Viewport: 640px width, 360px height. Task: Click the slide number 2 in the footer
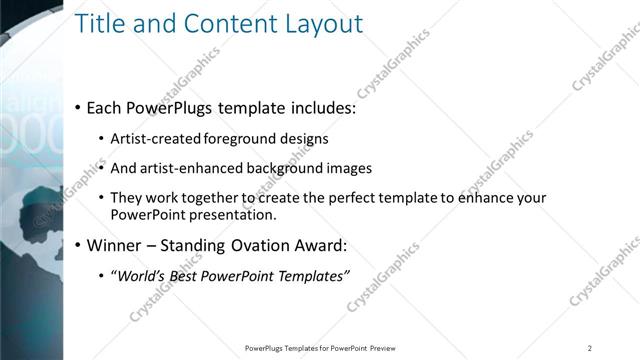point(590,348)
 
